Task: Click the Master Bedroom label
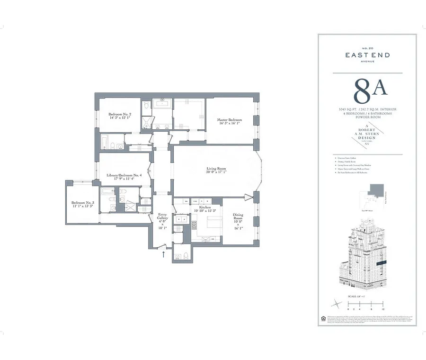click(x=229, y=120)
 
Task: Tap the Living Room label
click(x=216, y=169)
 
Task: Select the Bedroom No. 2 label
click(x=120, y=115)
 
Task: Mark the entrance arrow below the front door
click(x=164, y=254)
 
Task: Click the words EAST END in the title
click(x=367, y=55)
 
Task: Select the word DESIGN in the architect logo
click(x=367, y=137)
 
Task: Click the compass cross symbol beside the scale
click(x=337, y=302)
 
